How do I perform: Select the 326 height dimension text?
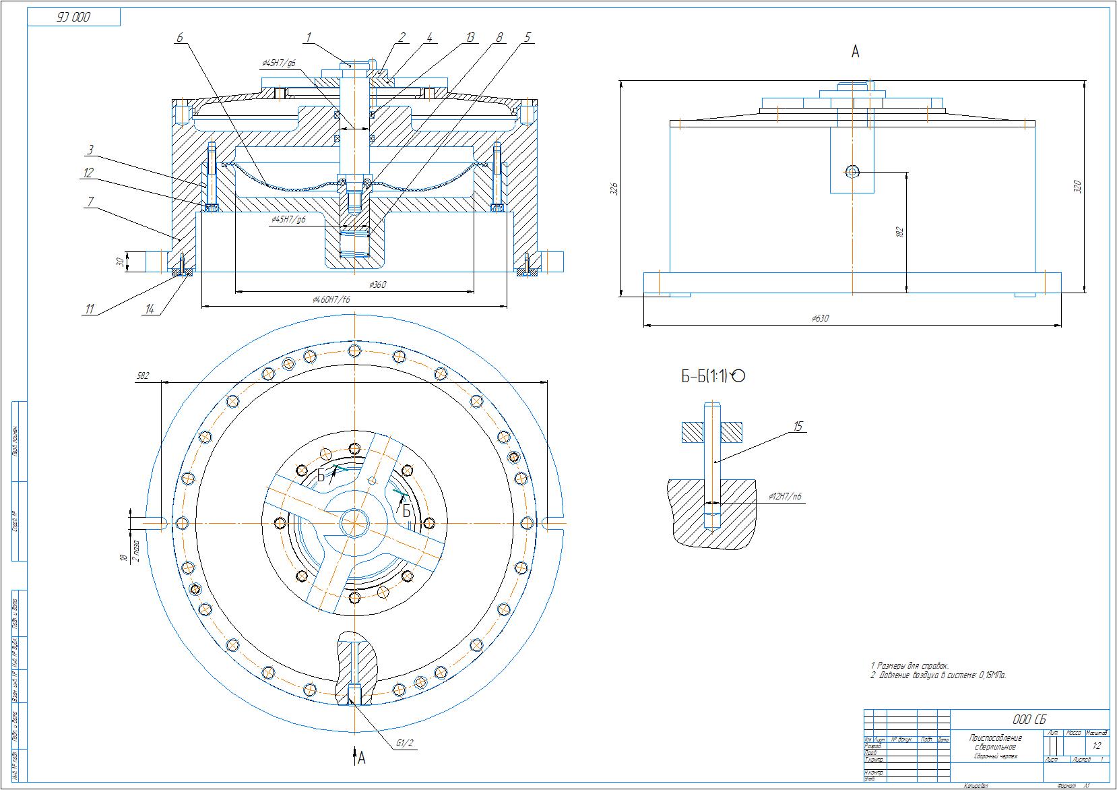[x=614, y=188]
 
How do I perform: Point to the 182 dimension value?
[x=899, y=232]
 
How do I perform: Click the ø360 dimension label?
[x=378, y=285]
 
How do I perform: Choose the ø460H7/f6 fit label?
[x=331, y=299]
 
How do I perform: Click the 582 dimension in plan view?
[x=142, y=376]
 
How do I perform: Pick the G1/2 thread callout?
[x=404, y=743]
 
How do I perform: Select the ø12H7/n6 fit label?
[x=785, y=497]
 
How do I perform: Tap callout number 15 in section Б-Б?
[x=798, y=427]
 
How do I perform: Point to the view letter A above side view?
[x=856, y=52]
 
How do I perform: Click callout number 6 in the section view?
[x=180, y=38]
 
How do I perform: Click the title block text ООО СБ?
[x=1030, y=719]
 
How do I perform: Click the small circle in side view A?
[x=852, y=172]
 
